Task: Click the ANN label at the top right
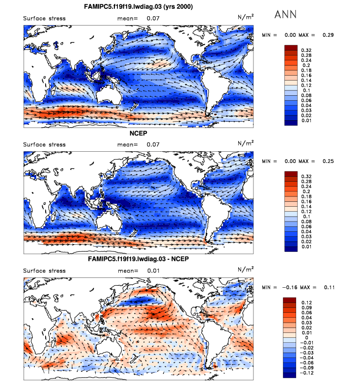[x=285, y=14]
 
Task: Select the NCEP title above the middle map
[x=139, y=133]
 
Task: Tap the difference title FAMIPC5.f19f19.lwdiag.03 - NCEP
[x=139, y=258]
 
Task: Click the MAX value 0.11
[x=328, y=287]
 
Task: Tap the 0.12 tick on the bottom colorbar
[x=306, y=302]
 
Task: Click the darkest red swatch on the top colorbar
[x=291, y=47]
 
